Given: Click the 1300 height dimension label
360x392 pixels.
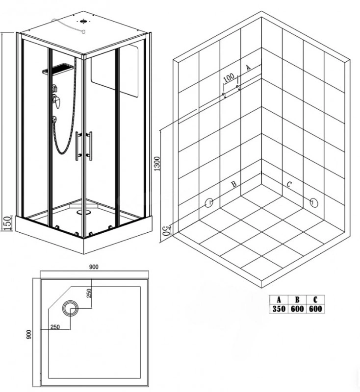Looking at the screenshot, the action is pos(157,164).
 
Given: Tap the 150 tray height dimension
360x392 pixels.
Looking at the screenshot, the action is pos(7,223).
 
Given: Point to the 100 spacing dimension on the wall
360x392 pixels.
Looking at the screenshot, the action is pos(229,77).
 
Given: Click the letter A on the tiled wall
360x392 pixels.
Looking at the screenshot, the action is pos(248,67).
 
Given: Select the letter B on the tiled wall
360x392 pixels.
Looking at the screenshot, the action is pos(234,184).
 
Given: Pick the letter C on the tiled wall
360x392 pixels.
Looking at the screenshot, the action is pos(289,184).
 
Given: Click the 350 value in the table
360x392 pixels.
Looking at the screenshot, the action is pos(279,309).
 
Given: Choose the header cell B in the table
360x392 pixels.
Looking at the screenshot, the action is pos(297,299).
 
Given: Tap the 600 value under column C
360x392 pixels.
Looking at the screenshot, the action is pos(315,309).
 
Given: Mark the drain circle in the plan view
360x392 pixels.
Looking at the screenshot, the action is pos(70,309).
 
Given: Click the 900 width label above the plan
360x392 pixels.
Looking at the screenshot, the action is pos(94,267).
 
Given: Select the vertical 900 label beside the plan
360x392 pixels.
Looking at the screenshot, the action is pos(29,335).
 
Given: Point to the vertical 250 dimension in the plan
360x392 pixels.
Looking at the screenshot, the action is pos(90,294).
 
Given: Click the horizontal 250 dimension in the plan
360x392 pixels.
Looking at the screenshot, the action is pos(55,327).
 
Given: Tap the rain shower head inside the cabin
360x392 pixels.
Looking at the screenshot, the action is pos(58,69).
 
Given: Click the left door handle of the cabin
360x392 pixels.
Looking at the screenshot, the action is pos(78,146).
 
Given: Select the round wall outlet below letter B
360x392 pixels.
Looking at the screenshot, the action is pos(208,203).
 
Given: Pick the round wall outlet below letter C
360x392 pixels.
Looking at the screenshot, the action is pos(314,202).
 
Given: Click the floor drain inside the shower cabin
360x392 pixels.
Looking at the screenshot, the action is pos(84,212).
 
